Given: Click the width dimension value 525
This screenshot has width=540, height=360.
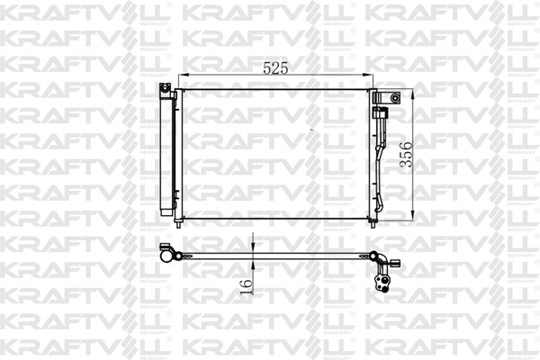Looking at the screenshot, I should point(276,66).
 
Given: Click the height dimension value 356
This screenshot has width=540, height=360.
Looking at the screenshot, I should point(406,155).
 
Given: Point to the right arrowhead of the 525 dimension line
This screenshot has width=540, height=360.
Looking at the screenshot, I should point(371,76).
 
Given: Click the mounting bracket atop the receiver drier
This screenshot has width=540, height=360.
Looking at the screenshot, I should point(166,88).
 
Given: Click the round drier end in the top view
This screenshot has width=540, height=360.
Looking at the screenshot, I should point(167,255).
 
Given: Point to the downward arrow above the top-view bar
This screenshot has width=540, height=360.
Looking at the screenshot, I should point(254,248).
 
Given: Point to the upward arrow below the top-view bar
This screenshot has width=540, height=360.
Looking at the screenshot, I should point(254,265).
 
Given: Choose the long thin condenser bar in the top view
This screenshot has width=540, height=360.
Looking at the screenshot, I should point(270,256).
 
